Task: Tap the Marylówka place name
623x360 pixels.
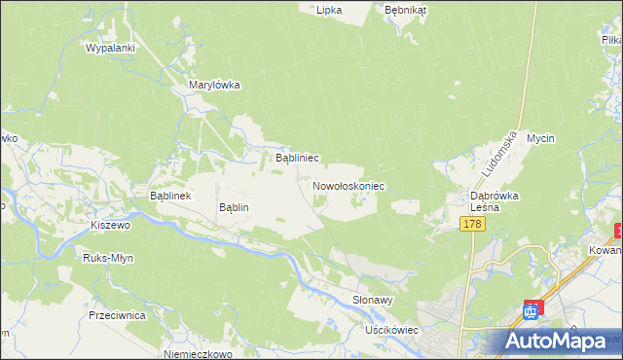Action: [214, 85]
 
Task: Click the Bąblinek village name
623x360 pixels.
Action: [173, 196]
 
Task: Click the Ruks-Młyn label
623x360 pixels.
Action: [108, 258]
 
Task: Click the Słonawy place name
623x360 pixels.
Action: [373, 301]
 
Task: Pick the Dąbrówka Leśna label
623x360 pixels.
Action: [495, 201]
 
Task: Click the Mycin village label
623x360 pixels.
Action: [540, 138]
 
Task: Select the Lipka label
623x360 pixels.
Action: [329, 9]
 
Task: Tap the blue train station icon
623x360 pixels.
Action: [531, 310]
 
